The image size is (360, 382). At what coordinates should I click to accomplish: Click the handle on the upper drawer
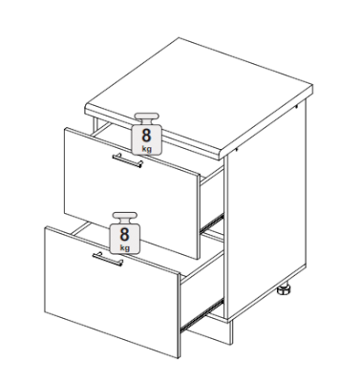(x=128, y=160)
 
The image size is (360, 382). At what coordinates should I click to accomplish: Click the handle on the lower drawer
(x=108, y=259)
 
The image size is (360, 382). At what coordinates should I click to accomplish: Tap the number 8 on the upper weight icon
(x=146, y=136)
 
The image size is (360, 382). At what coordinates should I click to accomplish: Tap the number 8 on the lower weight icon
(x=124, y=234)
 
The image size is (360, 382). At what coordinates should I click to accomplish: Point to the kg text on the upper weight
(x=146, y=148)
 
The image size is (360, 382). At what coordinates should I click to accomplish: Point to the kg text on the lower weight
(x=125, y=247)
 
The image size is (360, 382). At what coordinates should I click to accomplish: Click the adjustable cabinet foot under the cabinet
(x=284, y=290)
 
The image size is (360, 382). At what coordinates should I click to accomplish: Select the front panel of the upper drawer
(x=131, y=191)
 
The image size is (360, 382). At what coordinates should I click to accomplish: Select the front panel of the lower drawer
(x=112, y=291)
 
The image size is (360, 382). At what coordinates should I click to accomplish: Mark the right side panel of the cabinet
(x=266, y=208)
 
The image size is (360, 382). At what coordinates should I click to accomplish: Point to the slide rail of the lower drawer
(x=201, y=315)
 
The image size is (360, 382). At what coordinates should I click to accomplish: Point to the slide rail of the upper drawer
(x=212, y=223)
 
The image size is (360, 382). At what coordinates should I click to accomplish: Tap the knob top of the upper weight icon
(x=146, y=116)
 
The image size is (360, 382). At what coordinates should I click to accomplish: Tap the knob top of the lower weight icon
(x=125, y=215)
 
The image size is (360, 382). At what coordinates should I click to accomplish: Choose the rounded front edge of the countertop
(x=153, y=134)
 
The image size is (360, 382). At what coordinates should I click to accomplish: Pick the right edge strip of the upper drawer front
(x=199, y=217)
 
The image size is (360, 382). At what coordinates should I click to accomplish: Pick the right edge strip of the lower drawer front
(x=179, y=316)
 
